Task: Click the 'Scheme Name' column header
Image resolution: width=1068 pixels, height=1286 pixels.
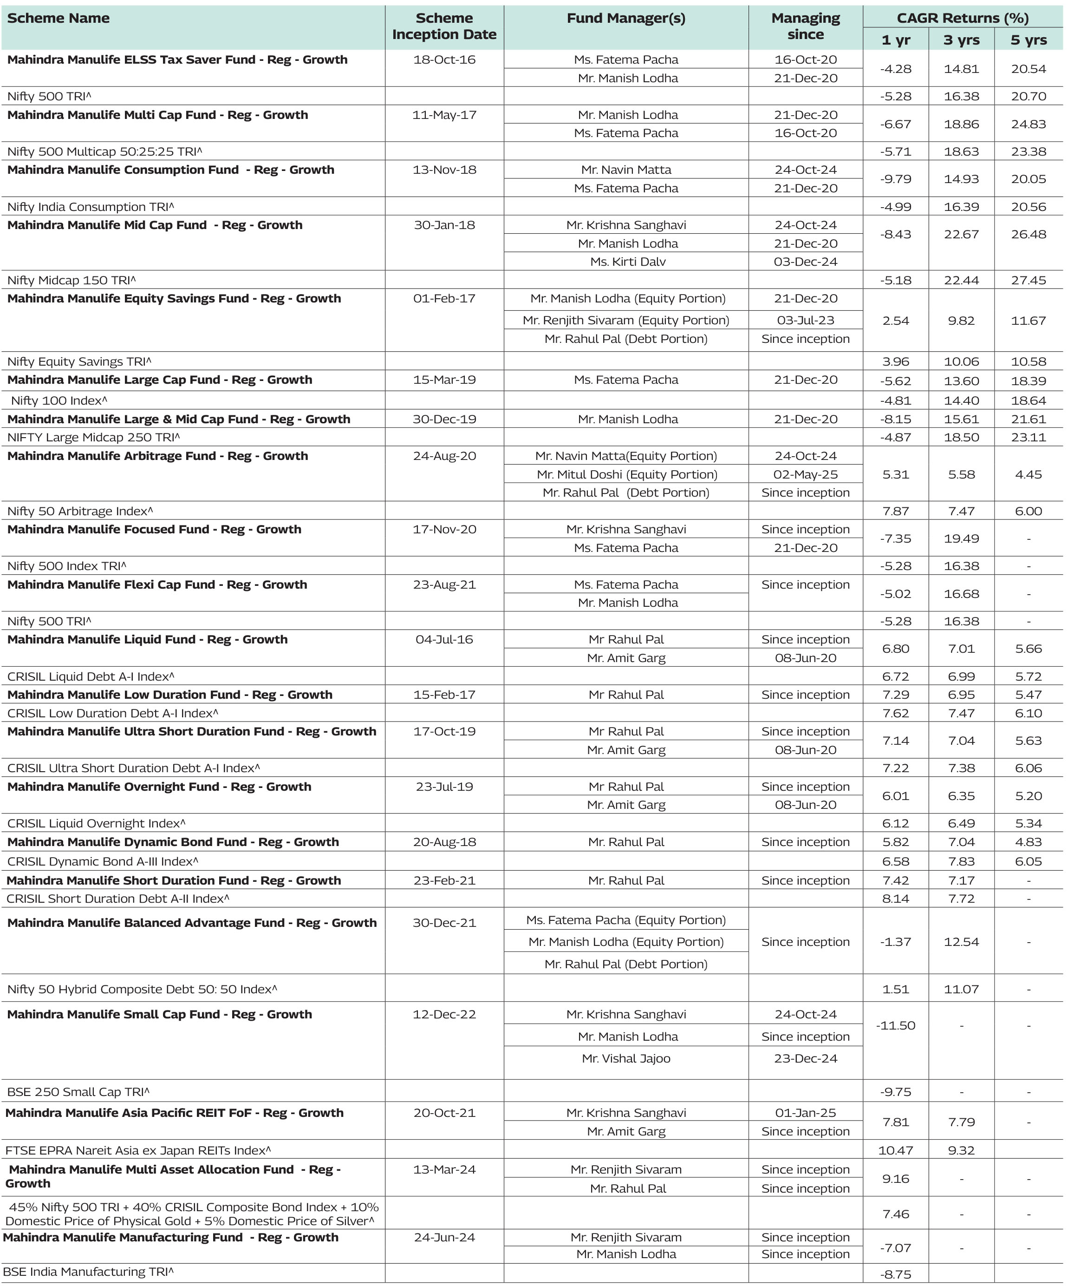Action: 59,19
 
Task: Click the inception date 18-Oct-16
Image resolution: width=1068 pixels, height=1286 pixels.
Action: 444,60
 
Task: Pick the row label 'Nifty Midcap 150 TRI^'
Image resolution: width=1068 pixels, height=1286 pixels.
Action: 72,281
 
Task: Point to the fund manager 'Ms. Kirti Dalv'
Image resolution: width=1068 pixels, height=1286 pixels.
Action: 627,262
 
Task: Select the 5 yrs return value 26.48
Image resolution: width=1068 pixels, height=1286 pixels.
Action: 1028,235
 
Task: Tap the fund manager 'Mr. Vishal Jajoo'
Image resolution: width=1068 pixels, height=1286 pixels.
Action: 626,1059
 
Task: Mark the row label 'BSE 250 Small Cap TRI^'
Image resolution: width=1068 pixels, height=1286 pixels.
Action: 78,1092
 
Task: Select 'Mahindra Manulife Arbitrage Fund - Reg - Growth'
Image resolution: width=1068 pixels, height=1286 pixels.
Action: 157,456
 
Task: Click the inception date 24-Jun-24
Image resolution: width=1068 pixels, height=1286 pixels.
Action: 444,1238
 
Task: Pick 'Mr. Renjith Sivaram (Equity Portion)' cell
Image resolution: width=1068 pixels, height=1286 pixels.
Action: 625,320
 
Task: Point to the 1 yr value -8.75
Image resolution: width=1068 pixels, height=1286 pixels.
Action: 895,1275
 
